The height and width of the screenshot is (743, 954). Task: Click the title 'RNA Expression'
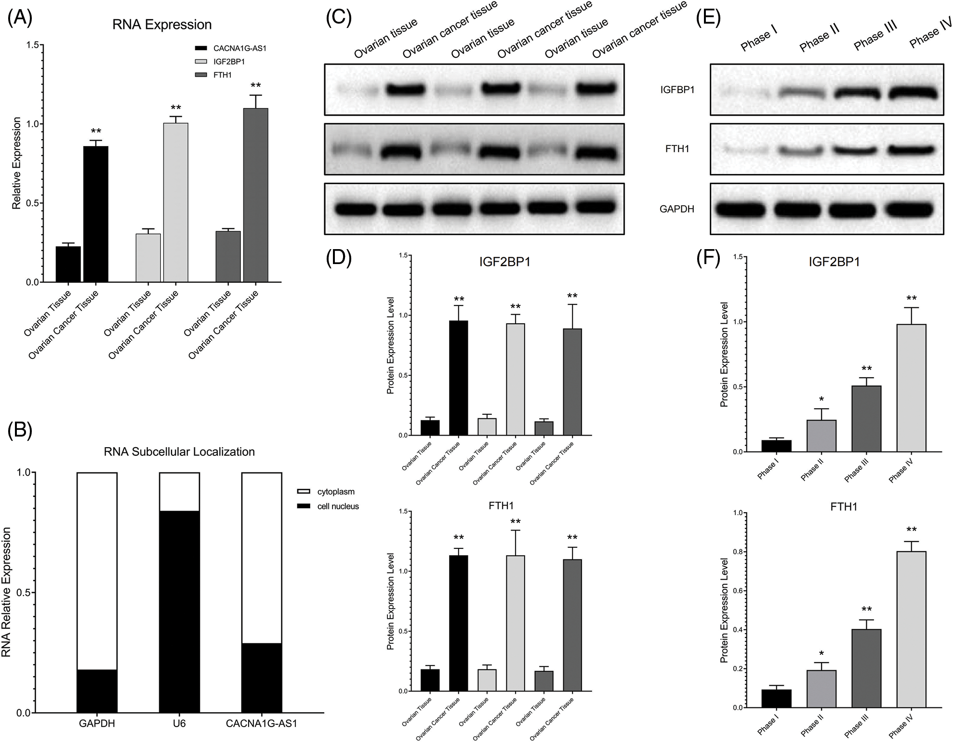pos(162,25)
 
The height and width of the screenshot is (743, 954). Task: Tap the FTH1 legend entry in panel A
pos(222,75)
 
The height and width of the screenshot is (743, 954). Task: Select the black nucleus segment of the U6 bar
pos(179,611)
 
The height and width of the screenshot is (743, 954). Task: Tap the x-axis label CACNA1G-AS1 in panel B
pos(262,724)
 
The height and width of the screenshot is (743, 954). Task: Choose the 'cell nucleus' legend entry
pos(338,506)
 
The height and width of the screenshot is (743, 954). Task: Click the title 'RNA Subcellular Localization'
pos(179,451)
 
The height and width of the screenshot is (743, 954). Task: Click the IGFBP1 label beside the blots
pos(677,90)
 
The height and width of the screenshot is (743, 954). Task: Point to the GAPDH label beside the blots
pos(677,209)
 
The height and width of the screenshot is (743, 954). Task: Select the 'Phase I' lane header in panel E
pos(758,39)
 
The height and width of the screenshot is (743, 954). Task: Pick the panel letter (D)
pos(339,258)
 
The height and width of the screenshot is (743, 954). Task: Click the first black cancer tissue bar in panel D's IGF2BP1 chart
pos(458,378)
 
